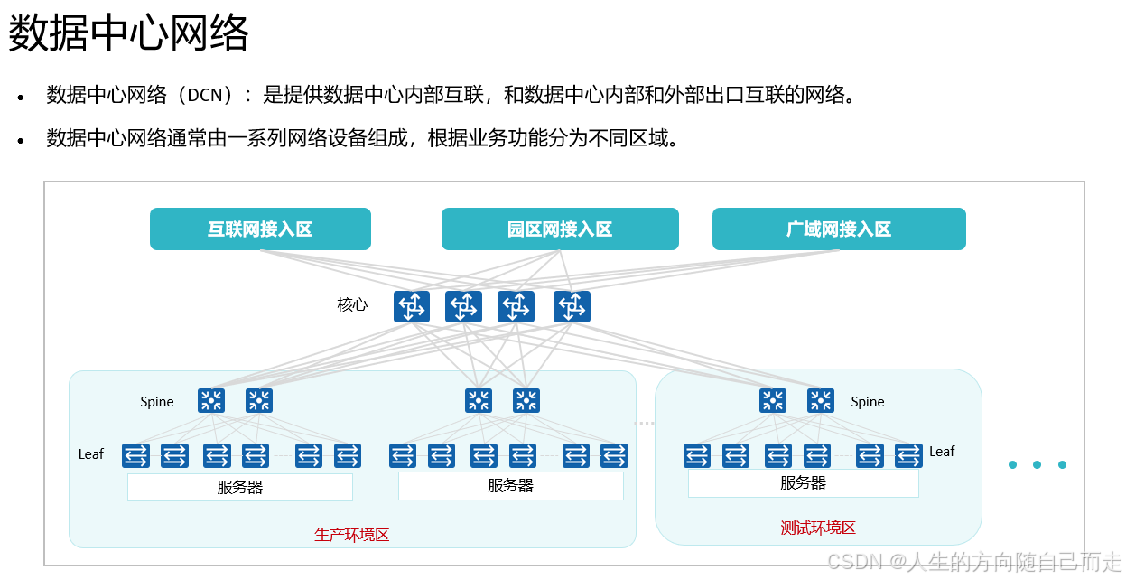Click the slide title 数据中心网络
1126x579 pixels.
tap(128, 35)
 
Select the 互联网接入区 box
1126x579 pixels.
tap(260, 229)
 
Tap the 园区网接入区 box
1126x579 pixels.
tap(560, 229)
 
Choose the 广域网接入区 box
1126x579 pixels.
tap(839, 229)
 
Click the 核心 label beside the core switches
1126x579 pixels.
tap(352, 304)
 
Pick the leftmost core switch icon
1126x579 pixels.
tap(411, 307)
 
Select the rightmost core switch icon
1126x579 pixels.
tap(572, 307)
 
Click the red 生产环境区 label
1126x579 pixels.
tap(352, 535)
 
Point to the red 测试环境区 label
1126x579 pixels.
tap(818, 528)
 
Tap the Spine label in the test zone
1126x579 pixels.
tap(867, 402)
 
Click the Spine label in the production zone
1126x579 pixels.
tap(157, 402)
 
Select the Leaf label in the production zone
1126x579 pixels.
tap(91, 454)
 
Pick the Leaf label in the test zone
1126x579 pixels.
tap(942, 452)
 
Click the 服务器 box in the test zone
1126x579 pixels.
tap(803, 483)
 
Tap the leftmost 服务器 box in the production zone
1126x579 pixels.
tap(239, 488)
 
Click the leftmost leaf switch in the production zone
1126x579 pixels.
tap(135, 455)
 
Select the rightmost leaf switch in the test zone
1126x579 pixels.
tap(908, 455)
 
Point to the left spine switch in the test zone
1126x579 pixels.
tap(773, 400)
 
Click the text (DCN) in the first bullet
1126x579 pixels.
tap(210, 95)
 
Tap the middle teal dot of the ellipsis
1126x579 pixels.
tap(1038, 465)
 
